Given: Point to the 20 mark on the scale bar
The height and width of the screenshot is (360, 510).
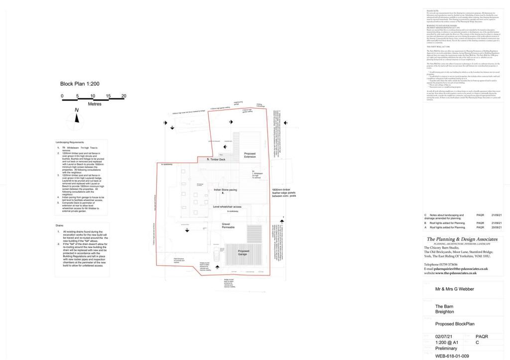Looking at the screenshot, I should pyautogui.click(x=124, y=96).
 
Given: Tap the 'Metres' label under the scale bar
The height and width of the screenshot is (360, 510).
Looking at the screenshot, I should pyautogui.click(x=94, y=104).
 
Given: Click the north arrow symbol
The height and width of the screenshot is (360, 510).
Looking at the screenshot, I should pyautogui.click(x=76, y=118).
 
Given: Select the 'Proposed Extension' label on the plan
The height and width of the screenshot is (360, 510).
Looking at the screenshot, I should pyautogui.click(x=250, y=155).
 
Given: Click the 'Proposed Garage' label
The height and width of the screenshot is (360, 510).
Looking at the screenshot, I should pyautogui.click(x=244, y=253).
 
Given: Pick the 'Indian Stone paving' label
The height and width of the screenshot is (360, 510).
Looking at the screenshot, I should pyautogui.click(x=225, y=190).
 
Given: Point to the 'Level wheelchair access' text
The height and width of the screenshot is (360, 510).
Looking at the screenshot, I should pyautogui.click(x=227, y=206).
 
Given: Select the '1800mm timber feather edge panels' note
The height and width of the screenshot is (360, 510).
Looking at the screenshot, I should pyautogui.click(x=284, y=193).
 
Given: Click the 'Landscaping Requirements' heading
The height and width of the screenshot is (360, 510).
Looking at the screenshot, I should pyautogui.click(x=73, y=142).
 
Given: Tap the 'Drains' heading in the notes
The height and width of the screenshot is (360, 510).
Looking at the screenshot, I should pyautogui.click(x=60, y=226).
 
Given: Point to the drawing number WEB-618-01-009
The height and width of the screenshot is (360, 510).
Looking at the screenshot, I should pyautogui.click(x=452, y=356).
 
